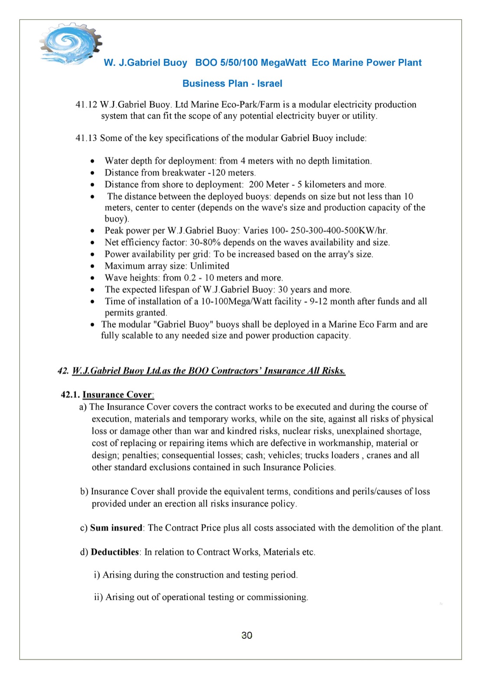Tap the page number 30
pyautogui.click(x=247, y=635)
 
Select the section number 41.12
pyautogui.click(x=86, y=105)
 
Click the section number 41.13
pyautogui.click(x=86, y=138)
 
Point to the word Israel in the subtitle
pyautogui.click(x=270, y=84)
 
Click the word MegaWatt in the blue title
pyautogui.click(x=283, y=63)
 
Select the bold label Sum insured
pyautogui.click(x=116, y=528)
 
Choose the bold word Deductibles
pyautogui.click(x=115, y=552)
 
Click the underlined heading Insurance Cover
pyautogui.click(x=117, y=395)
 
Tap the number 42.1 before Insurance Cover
pyautogui.click(x=70, y=395)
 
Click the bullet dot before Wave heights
pyautogui.click(x=92, y=278)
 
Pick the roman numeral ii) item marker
pyautogui.click(x=98, y=597)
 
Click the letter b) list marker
pyautogui.click(x=84, y=492)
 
